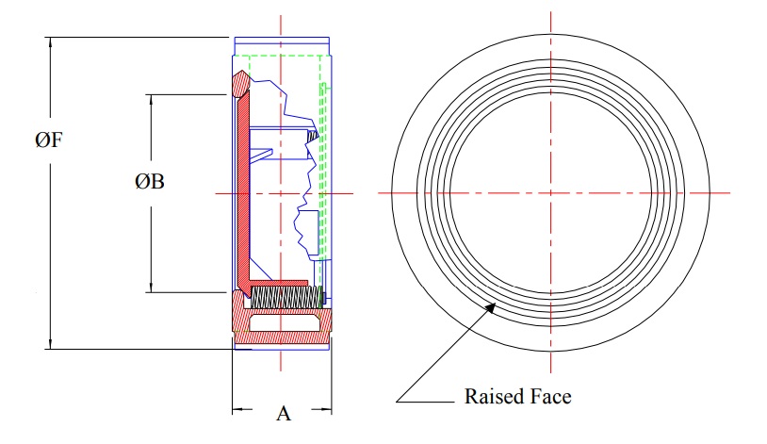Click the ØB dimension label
tap(150, 182)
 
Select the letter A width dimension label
tap(283, 413)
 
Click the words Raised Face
tap(517, 396)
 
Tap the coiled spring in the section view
tap(286, 297)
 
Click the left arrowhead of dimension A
tap(237, 410)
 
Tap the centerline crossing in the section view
tap(282, 193)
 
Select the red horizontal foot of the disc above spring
tap(278, 283)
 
